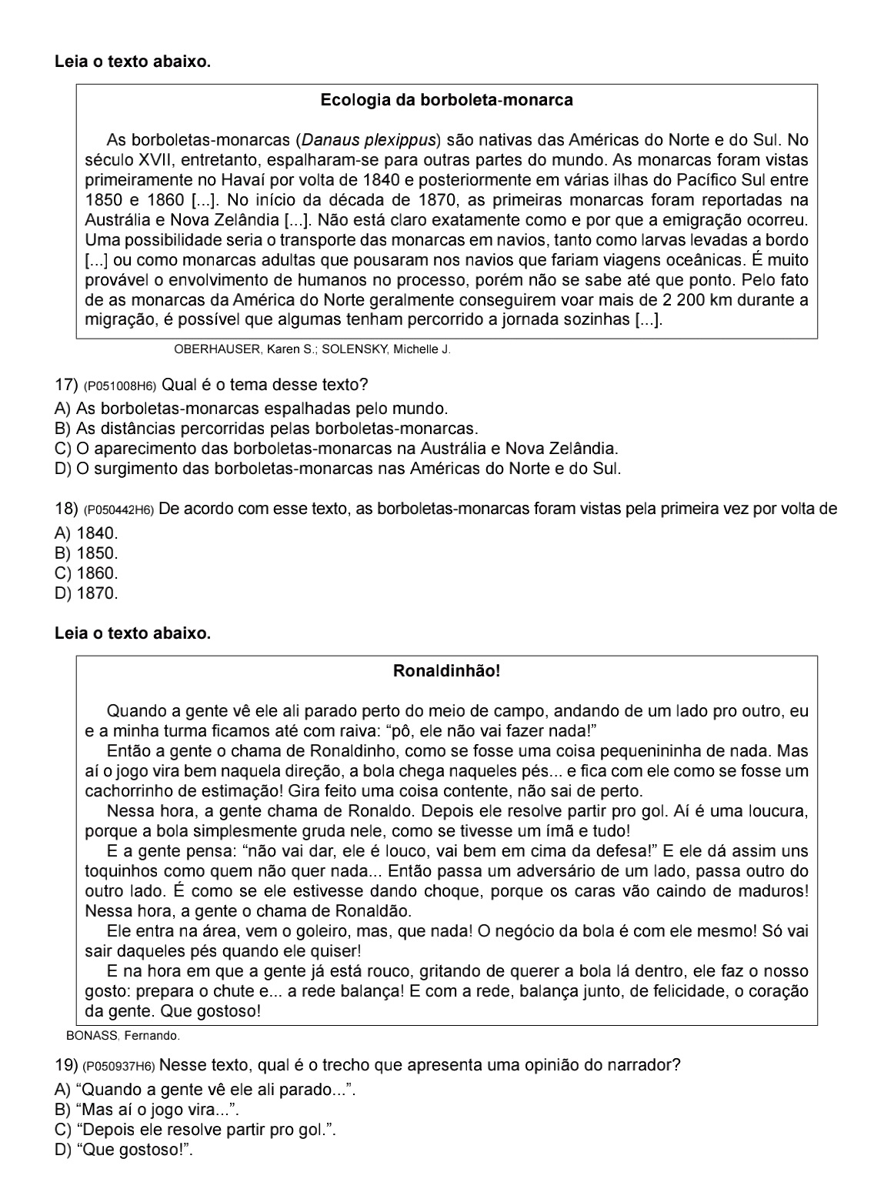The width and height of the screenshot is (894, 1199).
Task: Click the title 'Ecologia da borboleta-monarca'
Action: [446, 100]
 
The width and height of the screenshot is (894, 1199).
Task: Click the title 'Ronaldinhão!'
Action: [446, 671]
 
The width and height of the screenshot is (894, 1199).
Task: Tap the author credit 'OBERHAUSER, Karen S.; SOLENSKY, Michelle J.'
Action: [312, 350]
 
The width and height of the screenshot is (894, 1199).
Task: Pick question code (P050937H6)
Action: [119, 1067]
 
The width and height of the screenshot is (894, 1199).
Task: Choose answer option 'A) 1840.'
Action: [87, 533]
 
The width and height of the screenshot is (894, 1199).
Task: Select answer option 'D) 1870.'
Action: [87, 593]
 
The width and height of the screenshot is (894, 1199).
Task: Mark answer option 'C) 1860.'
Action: [87, 573]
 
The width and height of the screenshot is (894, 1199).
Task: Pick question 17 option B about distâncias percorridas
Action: [266, 428]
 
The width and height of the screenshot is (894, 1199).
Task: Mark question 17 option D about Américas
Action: [338, 468]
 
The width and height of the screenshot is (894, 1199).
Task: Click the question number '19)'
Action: [67, 1067]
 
